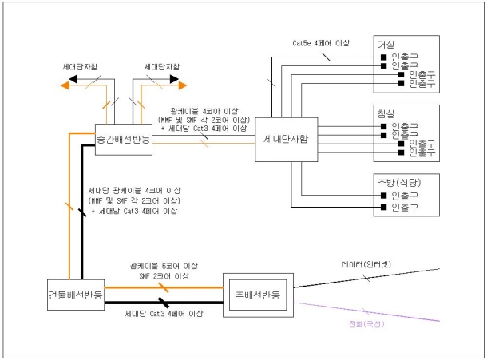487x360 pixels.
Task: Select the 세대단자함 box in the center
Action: coord(286,139)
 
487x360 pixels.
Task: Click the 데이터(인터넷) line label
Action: coord(362,266)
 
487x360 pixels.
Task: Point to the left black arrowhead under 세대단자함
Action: coord(69,81)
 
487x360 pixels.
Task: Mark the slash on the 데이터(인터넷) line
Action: coord(366,278)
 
